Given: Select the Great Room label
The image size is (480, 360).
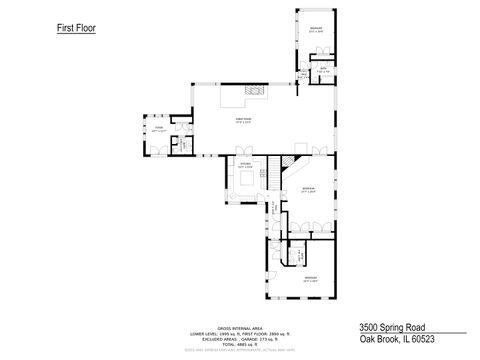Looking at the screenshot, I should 243,122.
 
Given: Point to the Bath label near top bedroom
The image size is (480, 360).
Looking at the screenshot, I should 323,69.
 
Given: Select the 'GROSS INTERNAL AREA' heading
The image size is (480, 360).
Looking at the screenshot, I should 239,326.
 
